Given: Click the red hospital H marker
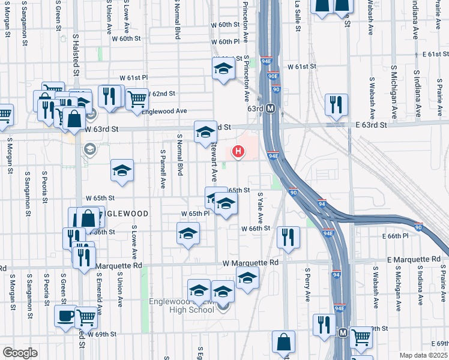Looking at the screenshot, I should click(x=239, y=152).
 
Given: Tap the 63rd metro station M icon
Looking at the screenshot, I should click(x=271, y=109).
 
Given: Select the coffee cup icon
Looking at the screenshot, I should click(x=65, y=315).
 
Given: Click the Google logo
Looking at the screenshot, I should click(x=20, y=353).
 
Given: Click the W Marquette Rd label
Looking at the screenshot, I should click(x=250, y=263).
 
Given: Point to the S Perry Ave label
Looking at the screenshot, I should click(x=307, y=284).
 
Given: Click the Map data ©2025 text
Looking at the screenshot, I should click(x=423, y=355).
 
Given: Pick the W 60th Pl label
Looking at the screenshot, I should click(x=229, y=42).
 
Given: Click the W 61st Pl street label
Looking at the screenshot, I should click(x=133, y=78).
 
